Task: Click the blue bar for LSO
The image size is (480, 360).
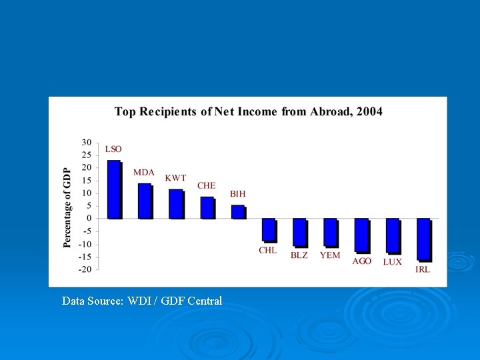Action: tap(114, 189)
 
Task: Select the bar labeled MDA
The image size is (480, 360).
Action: tap(145, 201)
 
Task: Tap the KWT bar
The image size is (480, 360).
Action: tap(175, 204)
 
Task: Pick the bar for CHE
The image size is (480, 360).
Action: tap(207, 207)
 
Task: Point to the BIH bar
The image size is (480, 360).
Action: tap(238, 211)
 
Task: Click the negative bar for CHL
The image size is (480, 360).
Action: tap(268, 229)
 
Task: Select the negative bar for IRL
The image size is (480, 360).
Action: tap(423, 239)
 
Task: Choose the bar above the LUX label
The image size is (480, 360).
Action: tap(393, 235)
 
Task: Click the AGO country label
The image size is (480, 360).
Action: tap(362, 261)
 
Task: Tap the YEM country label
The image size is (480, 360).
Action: tap(330, 255)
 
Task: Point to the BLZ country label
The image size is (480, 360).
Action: tap(299, 255)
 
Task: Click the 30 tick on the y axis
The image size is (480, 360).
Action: tap(87, 142)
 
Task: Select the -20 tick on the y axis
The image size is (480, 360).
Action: tap(85, 269)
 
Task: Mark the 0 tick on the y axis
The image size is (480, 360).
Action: tap(89, 219)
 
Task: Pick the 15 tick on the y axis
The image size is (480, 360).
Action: tap(87, 180)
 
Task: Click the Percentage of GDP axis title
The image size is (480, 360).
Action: tap(67, 207)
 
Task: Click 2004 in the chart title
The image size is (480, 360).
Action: tap(369, 112)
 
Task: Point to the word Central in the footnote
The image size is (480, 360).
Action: tap(205, 301)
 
